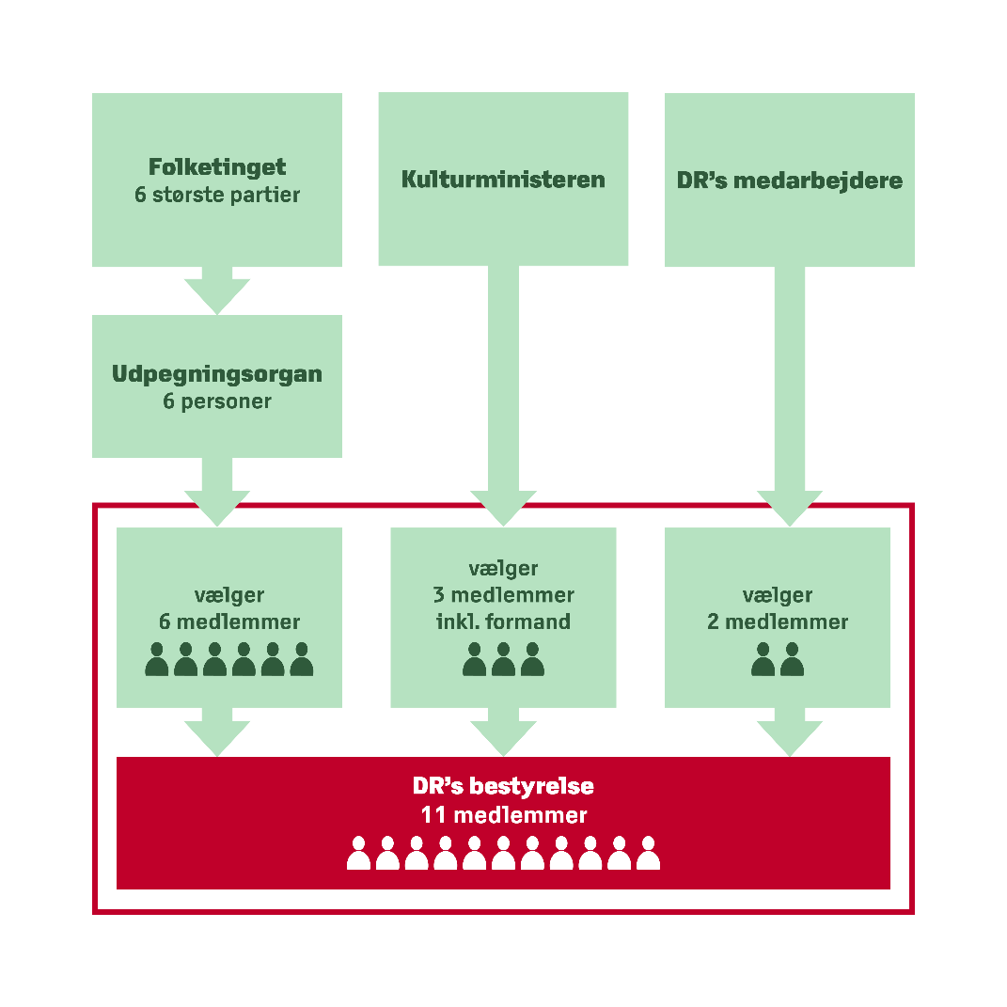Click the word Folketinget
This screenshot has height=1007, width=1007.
[217, 167]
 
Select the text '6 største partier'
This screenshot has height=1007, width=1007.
[217, 197]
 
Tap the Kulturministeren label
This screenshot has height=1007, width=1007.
[503, 179]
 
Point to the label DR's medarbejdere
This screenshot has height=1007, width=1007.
[790, 180]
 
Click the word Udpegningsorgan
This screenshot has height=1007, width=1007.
[217, 373]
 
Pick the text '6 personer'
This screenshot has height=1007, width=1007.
[217, 401]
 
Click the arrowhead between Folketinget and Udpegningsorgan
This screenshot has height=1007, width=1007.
[217, 291]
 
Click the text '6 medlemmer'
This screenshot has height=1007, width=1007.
[229, 622]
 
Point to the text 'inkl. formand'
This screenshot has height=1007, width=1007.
[503, 622]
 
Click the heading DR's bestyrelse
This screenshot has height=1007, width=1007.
[503, 785]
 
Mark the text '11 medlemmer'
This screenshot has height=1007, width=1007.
[503, 814]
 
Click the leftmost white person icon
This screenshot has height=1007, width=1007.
[358, 853]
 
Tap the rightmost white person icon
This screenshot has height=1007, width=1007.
[648, 853]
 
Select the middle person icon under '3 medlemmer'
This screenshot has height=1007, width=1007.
[503, 659]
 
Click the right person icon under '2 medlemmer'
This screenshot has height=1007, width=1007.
[793, 659]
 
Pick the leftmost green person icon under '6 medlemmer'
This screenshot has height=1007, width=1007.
[157, 659]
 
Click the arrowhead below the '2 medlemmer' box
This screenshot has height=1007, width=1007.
[790, 736]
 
